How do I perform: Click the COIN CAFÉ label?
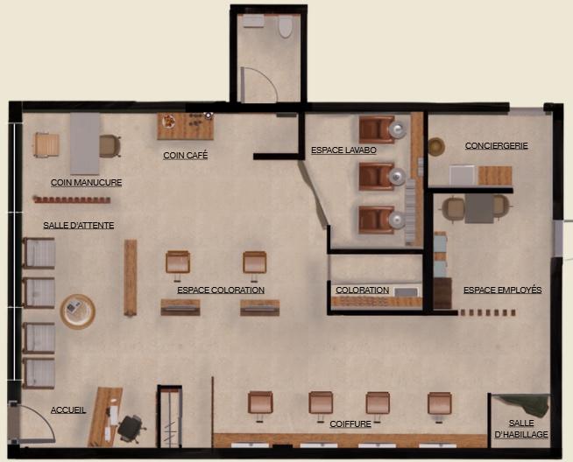click(185, 155)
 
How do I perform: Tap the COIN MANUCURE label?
click(86, 183)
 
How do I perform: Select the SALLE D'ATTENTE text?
click(79, 226)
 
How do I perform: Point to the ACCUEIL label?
click(68, 409)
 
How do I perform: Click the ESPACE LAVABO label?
click(343, 150)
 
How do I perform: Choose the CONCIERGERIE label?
click(496, 145)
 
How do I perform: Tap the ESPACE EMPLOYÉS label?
click(503, 290)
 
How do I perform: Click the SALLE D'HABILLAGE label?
click(521, 429)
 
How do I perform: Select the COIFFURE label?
click(350, 424)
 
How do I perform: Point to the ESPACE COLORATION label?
click(221, 290)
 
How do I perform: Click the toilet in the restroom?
click(286, 26)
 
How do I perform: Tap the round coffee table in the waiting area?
click(78, 311)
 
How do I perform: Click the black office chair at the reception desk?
click(131, 428)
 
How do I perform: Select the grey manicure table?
click(85, 143)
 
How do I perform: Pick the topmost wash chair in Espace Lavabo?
click(377, 129)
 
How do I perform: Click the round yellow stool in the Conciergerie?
click(436, 147)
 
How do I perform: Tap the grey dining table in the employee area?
click(479, 208)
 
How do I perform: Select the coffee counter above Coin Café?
click(186, 126)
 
